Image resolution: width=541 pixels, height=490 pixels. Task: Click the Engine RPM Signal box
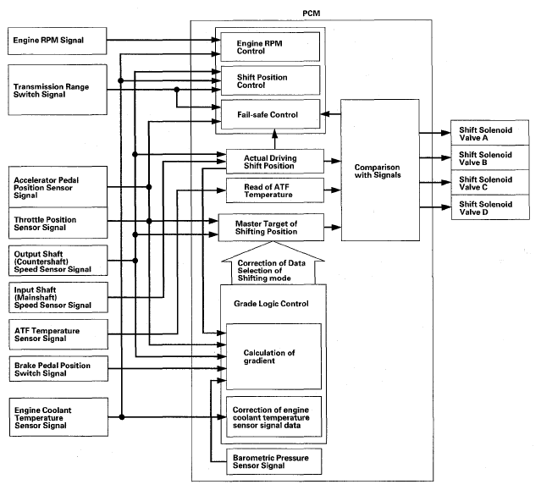tap(58, 41)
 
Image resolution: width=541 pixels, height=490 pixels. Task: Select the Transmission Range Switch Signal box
tap(58, 90)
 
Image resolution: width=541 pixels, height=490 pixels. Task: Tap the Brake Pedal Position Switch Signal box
tap(58, 369)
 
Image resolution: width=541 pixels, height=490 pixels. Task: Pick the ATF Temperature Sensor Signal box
tap(58, 334)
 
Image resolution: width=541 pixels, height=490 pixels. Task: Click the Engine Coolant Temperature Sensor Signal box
tap(58, 417)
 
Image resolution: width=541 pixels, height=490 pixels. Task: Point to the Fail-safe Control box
tap(271, 114)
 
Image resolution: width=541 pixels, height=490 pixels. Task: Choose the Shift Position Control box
tap(271, 80)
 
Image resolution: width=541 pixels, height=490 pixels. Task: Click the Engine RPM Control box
tap(270, 47)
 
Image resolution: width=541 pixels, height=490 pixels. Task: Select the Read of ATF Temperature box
tap(275, 190)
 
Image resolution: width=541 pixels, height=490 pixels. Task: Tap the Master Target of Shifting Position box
tap(271, 228)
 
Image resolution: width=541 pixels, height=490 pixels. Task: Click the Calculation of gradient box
tap(273, 356)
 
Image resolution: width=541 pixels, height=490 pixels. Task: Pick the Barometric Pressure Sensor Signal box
tap(274, 461)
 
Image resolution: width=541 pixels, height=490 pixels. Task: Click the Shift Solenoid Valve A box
tap(490, 133)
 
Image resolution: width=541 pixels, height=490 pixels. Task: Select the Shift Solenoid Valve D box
tap(490, 207)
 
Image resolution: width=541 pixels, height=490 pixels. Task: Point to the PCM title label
tap(312, 14)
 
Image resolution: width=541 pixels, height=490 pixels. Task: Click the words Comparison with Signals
tap(378, 171)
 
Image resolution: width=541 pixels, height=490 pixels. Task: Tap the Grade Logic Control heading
tap(271, 304)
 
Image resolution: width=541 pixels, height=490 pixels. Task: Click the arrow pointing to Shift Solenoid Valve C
tap(435, 183)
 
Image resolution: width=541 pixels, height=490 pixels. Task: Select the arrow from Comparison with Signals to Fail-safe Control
tap(330, 113)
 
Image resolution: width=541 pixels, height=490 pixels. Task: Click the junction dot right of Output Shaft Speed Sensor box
tap(135, 261)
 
